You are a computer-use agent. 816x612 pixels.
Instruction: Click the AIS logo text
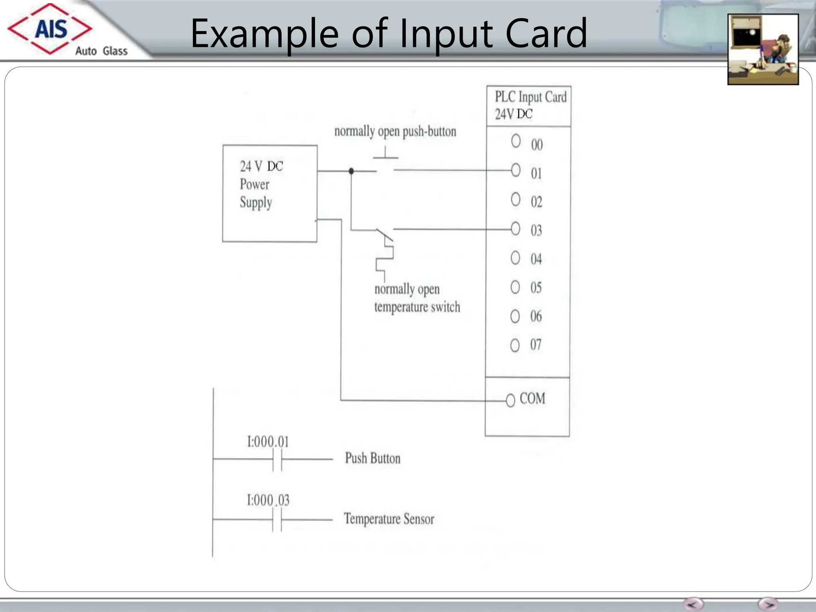(x=51, y=29)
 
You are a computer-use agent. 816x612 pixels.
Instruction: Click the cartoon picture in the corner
(x=763, y=49)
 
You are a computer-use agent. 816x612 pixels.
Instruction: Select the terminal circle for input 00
(x=516, y=141)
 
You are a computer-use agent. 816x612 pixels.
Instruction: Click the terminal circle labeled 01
(x=516, y=170)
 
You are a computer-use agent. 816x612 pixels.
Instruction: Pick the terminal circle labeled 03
(x=515, y=229)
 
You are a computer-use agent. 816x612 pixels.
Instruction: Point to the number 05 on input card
(x=536, y=288)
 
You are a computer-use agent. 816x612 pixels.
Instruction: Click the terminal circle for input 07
(x=515, y=345)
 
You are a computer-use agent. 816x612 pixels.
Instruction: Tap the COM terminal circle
(x=510, y=400)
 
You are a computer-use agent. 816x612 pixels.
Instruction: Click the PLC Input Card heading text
(x=530, y=97)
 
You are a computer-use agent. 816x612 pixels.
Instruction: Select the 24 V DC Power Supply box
(x=270, y=193)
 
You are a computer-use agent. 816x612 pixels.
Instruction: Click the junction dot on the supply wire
(x=351, y=171)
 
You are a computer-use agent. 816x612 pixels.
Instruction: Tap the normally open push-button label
(x=395, y=131)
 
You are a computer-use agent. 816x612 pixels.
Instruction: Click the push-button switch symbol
(x=385, y=163)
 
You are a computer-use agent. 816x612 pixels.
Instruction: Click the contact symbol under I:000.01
(x=277, y=460)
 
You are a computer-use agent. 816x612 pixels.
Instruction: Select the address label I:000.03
(x=268, y=500)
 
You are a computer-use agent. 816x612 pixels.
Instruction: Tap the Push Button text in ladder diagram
(x=373, y=458)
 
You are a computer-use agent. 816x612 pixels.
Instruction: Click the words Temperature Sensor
(x=389, y=519)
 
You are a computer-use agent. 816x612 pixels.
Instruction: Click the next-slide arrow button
(x=768, y=604)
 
